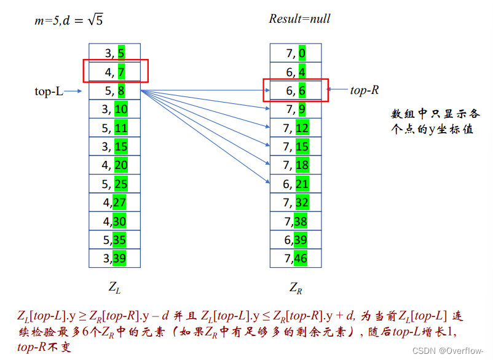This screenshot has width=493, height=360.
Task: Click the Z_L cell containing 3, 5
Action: point(114,53)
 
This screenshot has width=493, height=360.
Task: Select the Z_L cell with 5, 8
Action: point(114,92)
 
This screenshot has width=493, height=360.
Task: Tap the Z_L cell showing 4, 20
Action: point(114,165)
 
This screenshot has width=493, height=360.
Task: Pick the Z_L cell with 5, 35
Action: point(114,240)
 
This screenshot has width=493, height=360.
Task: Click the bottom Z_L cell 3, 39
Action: point(114,258)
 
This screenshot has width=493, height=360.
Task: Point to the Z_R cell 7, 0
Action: point(296,53)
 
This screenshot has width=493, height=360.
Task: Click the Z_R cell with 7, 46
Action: point(296,258)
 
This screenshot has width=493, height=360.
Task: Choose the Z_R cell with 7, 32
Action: point(296,202)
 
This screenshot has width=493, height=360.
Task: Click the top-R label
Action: point(365,90)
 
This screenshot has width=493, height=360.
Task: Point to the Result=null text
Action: point(299,18)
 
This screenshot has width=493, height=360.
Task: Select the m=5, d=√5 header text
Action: point(68,20)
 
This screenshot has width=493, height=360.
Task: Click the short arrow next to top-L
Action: point(73,92)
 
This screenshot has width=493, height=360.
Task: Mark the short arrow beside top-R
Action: point(337,90)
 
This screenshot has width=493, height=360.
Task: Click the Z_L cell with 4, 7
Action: point(114,72)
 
